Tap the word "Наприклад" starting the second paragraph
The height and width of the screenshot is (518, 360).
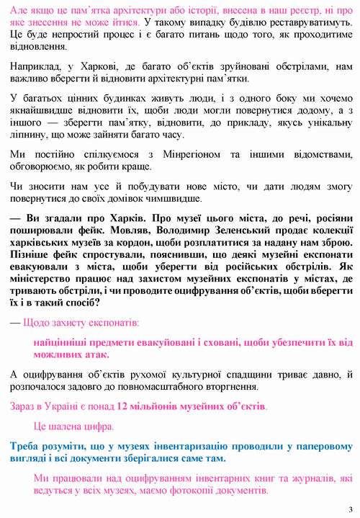pos(33,66)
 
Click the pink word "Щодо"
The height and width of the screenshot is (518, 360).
pos(35,321)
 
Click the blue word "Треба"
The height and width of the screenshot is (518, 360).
pos(24,446)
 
